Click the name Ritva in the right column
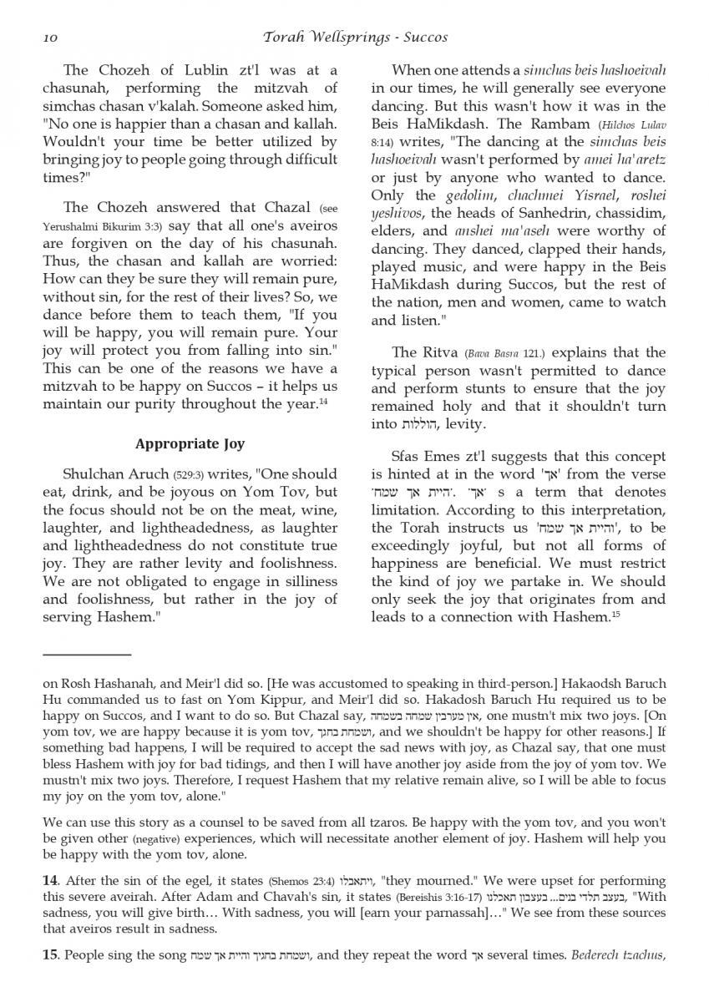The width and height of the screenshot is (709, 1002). click(438, 352)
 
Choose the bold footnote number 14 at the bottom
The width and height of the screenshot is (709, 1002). click(50, 880)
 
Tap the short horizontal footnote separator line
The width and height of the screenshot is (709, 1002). click(87, 655)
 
